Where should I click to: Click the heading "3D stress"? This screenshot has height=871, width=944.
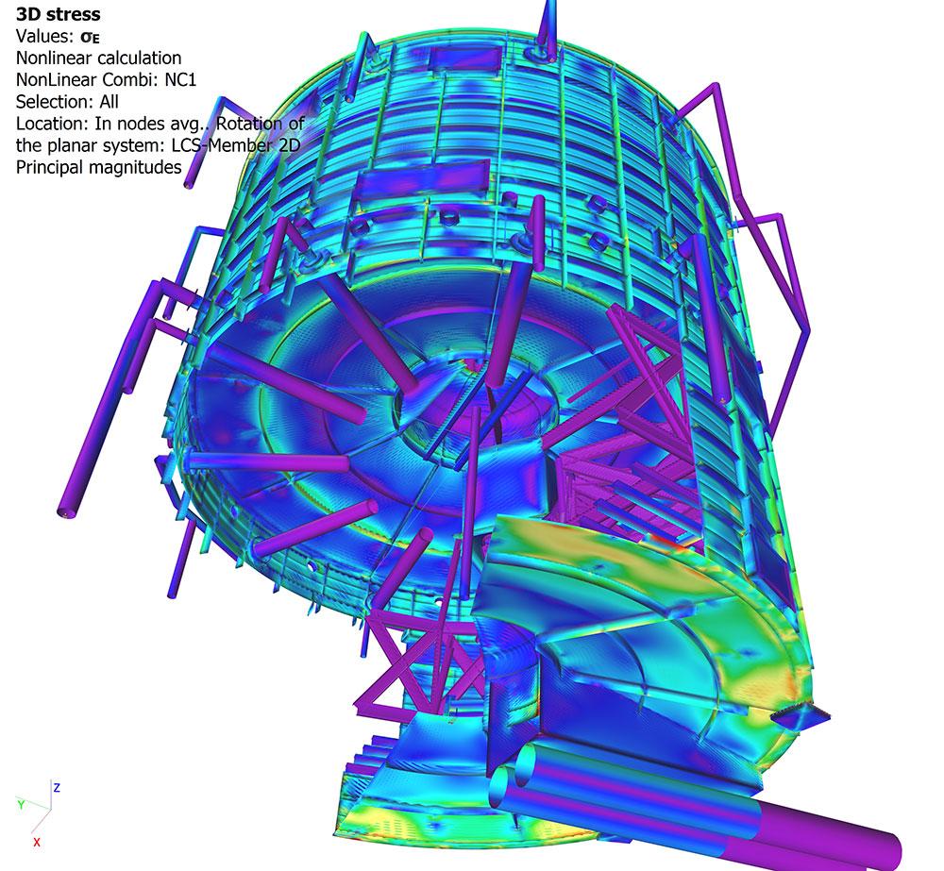click(x=58, y=14)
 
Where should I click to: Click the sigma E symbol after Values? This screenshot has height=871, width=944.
click(x=90, y=37)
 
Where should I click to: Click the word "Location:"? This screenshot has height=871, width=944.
click(x=53, y=124)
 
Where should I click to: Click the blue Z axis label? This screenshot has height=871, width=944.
click(x=57, y=787)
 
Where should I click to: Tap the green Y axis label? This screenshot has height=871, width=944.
click(x=21, y=804)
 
